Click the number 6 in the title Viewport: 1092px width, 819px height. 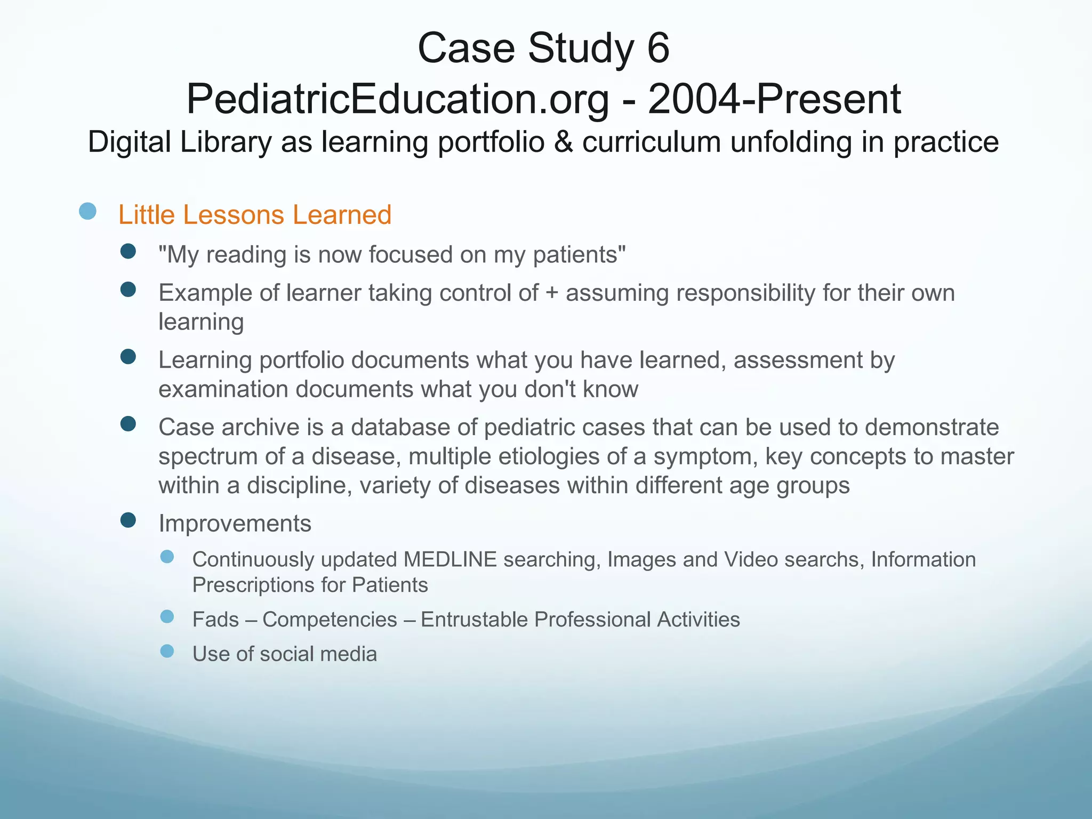(x=658, y=48)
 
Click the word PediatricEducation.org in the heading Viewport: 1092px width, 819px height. (x=397, y=99)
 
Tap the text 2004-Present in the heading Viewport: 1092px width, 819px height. (x=774, y=99)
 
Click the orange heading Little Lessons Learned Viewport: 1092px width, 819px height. (x=255, y=215)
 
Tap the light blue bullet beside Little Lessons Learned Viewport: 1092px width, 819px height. (x=87, y=211)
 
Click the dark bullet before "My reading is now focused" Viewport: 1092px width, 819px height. (x=128, y=251)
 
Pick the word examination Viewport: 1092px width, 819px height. (x=223, y=389)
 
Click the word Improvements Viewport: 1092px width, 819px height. (x=235, y=524)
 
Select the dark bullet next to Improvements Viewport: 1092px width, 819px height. (x=128, y=520)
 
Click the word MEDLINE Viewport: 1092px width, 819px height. (x=450, y=559)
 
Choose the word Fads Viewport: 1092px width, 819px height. (x=215, y=620)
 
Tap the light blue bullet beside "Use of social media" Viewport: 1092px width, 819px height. (x=167, y=651)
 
